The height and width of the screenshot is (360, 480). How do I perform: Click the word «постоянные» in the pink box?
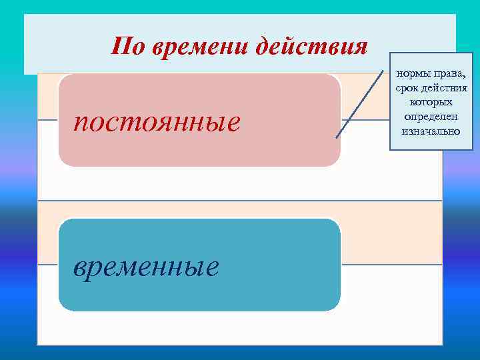pos(157,123)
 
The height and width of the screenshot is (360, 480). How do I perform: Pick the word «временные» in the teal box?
pos(146,267)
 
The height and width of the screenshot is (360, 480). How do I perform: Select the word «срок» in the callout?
pos(406,87)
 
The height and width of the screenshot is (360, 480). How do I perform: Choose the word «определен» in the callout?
pos(431,117)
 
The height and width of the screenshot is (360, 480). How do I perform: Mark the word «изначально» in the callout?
pos(431,131)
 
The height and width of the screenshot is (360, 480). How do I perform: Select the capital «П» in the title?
pos(120,47)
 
